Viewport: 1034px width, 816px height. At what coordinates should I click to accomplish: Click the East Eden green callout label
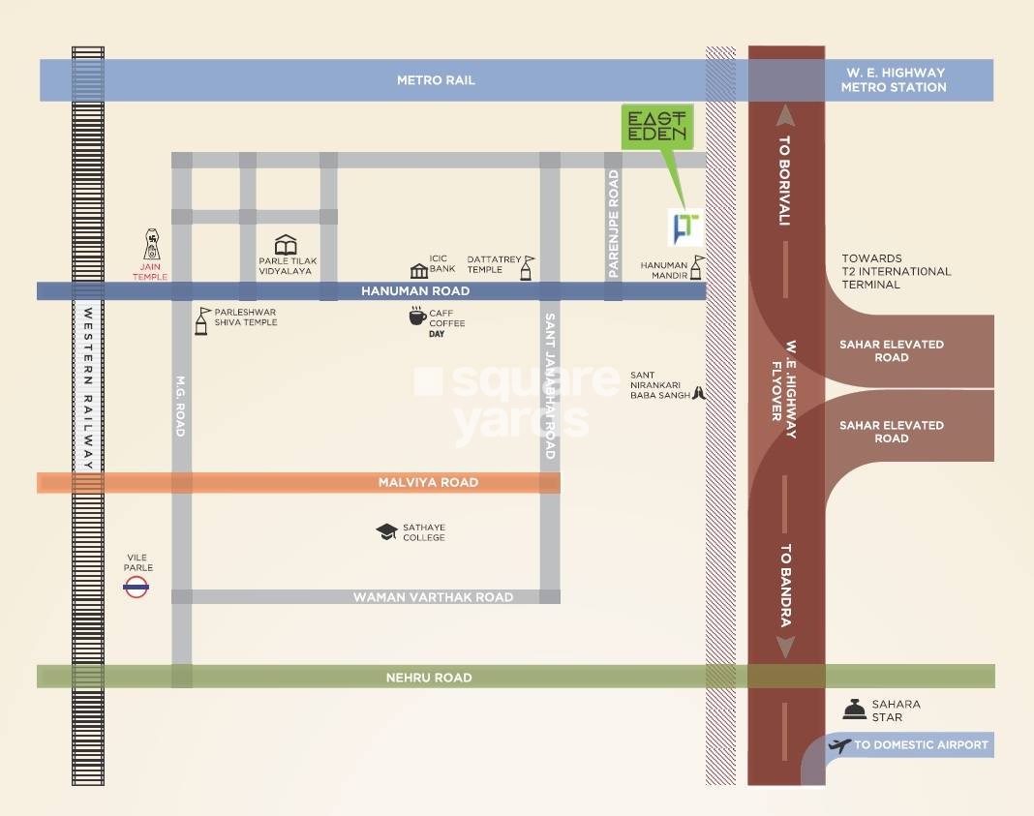pos(656,126)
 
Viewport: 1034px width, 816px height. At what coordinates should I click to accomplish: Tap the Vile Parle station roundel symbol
pos(136,587)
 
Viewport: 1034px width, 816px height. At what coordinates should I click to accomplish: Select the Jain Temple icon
pos(152,245)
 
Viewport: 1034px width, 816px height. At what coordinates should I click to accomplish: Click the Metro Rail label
pos(436,80)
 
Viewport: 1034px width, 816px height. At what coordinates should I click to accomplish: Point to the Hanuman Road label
pos(415,290)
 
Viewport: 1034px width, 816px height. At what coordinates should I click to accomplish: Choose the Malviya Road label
pos(428,482)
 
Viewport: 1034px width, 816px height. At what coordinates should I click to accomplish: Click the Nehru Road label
pos(429,678)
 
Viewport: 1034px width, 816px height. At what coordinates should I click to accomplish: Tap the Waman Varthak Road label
pos(433,597)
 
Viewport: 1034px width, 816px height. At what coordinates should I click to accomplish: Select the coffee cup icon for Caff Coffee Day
pos(417,316)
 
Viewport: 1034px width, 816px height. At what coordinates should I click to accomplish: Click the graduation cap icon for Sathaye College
pos(386,531)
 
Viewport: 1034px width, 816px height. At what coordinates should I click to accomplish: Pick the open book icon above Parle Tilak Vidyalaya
pos(286,245)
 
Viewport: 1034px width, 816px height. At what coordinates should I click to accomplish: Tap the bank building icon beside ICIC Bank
pos(419,270)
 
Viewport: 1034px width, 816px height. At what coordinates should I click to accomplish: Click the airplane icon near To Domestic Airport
pos(839,745)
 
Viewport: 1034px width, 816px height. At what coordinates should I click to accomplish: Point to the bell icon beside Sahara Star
pos(855,710)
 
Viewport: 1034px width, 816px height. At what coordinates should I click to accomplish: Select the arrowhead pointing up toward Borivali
pos(785,116)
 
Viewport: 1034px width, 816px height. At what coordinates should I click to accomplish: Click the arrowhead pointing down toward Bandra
pos(785,648)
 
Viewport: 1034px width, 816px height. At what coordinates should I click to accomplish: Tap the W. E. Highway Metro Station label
pos(894,79)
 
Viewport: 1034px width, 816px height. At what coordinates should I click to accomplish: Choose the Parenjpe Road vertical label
pos(613,224)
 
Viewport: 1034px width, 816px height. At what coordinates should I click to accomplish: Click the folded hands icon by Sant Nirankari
pos(699,394)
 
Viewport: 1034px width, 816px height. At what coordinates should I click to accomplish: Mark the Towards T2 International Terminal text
pos(897,272)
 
